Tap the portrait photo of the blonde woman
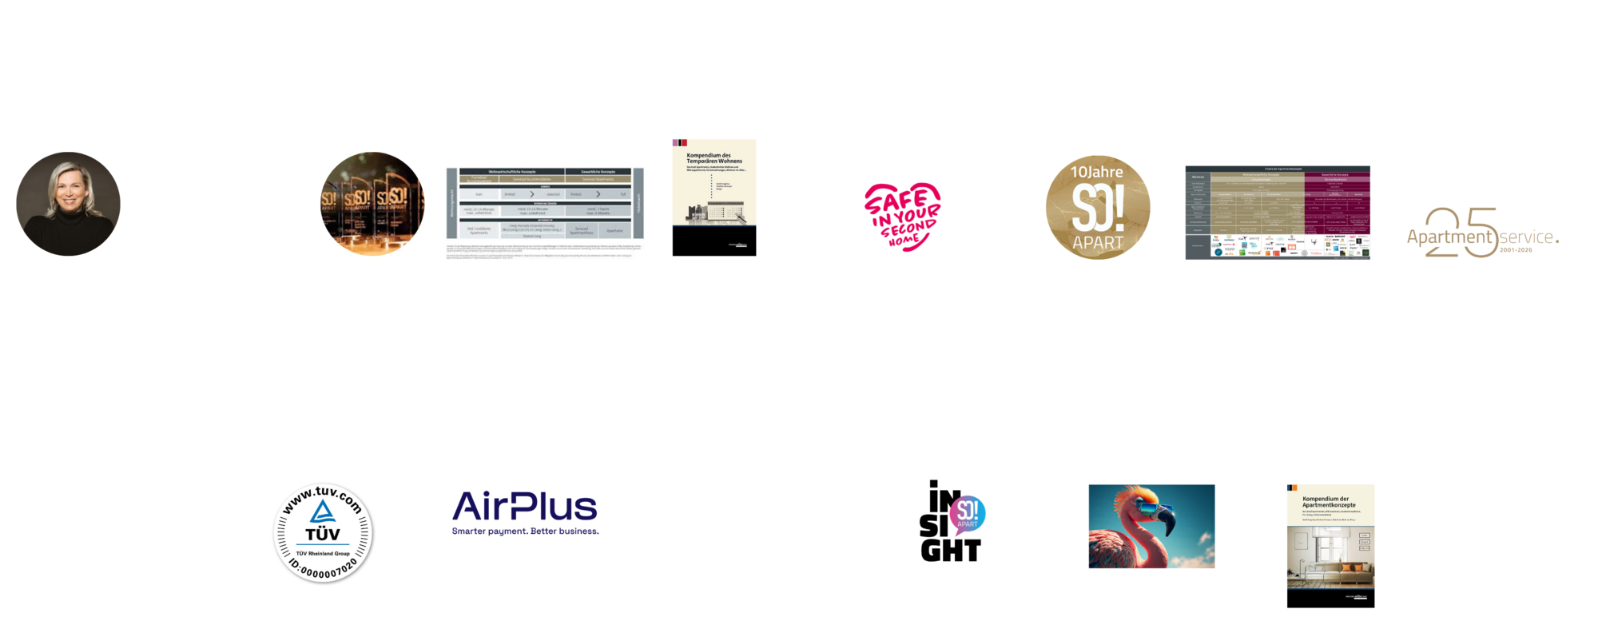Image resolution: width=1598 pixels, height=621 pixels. (68, 204)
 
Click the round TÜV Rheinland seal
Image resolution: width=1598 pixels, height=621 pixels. (323, 532)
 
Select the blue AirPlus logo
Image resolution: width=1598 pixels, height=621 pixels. (525, 512)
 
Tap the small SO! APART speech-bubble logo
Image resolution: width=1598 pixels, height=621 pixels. (967, 515)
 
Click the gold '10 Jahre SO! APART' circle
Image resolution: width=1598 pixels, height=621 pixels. (1098, 207)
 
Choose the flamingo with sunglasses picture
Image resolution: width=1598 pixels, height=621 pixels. (1151, 526)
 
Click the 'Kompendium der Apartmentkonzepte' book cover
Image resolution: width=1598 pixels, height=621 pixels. (1330, 535)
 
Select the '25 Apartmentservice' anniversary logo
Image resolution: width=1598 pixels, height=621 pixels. (1482, 233)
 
